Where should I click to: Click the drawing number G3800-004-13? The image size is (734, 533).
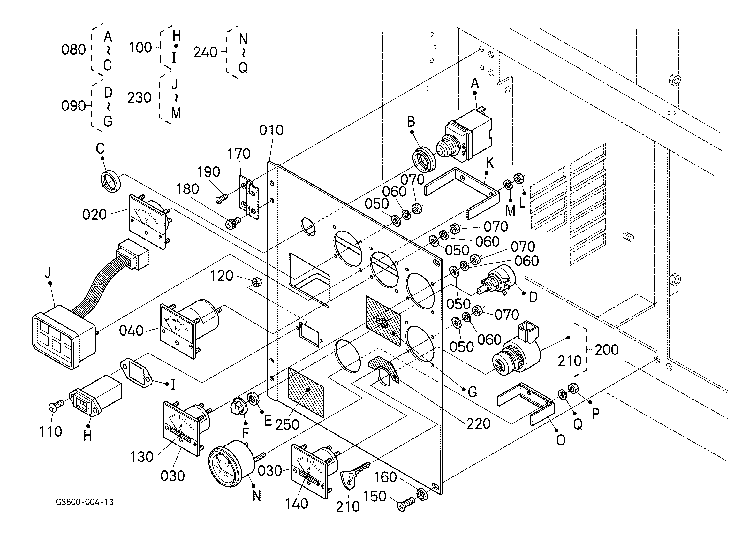tap(85, 502)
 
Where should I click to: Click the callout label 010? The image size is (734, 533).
tap(271, 130)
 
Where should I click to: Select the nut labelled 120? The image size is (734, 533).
tap(257, 283)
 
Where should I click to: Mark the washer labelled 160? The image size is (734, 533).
tap(422, 493)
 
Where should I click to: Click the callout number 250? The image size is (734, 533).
tap(287, 424)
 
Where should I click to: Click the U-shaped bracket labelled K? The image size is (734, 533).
tap(461, 194)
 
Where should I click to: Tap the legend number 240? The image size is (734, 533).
tap(206, 52)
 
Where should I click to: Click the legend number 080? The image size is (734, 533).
tap(74, 50)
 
